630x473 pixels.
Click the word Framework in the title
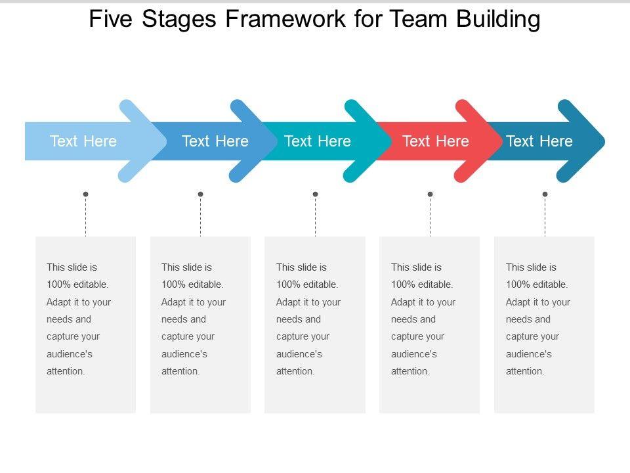285,19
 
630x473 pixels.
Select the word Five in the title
110,19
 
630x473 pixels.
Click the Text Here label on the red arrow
436,141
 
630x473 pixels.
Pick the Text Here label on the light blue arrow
83,141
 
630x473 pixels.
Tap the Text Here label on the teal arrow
318,141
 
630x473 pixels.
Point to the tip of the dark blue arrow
604,141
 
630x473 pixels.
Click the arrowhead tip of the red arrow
502,141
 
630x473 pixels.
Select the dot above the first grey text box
85,194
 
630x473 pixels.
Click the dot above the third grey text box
316,194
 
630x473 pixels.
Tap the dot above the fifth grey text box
545,194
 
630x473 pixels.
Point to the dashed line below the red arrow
430,216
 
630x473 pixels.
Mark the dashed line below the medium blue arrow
201,216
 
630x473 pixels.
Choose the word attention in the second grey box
179,371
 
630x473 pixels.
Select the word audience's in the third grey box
299,354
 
